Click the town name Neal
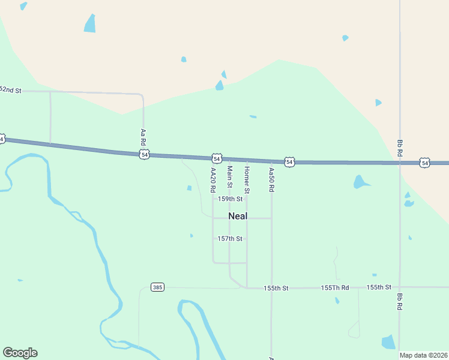coord(238,216)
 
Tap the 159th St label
coord(230,199)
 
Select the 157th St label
coord(230,239)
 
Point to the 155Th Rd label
coord(335,288)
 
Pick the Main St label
coord(229,176)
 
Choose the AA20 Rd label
coord(212,180)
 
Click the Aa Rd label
coord(143,137)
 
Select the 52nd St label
coord(10,90)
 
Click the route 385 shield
coord(157,287)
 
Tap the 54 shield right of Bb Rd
coord(425,163)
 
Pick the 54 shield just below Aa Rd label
coord(144,155)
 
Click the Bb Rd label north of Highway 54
coord(399,149)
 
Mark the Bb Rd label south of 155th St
coord(399,301)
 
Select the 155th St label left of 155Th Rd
coord(276,289)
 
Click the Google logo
coord(20,353)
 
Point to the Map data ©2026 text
coord(423,355)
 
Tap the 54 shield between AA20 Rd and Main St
coord(216,158)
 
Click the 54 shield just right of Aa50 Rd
coord(289,162)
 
